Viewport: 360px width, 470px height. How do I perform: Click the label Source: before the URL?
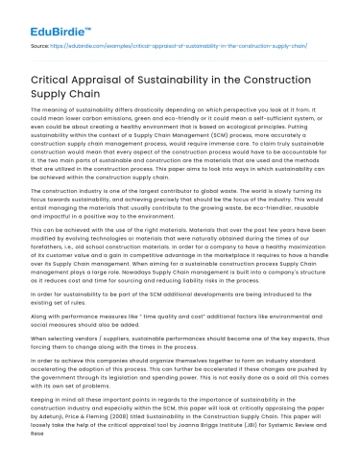(42, 44)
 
